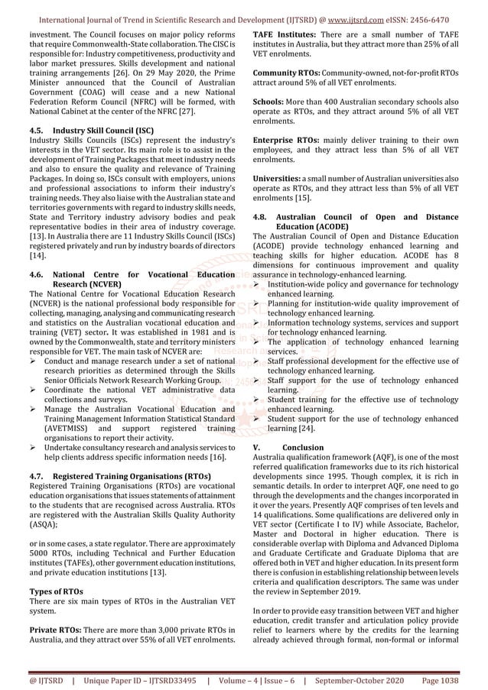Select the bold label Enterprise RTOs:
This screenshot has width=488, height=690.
click(285, 141)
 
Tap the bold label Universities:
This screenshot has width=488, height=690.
click(279, 177)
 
